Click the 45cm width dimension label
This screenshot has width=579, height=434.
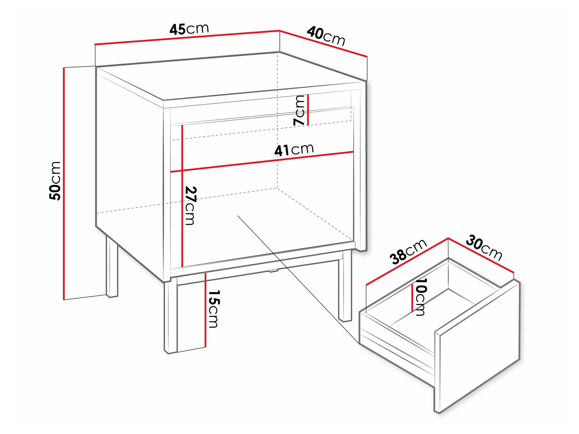coord(189,29)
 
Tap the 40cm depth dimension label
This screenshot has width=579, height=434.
coord(326,36)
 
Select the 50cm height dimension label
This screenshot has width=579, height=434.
coord(55,181)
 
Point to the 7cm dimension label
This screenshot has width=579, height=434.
coord(299,110)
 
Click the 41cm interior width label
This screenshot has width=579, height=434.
coord(294,149)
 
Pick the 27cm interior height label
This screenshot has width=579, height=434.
coord(190,206)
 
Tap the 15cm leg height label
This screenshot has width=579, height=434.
coord(214,309)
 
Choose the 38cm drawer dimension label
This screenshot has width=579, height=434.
coord(408,251)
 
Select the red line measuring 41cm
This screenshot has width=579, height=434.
coord(262,162)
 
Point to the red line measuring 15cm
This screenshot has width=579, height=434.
coord(205,310)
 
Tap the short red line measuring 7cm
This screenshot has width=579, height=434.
coord(308,110)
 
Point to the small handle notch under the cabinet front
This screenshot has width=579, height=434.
coord(273,271)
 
